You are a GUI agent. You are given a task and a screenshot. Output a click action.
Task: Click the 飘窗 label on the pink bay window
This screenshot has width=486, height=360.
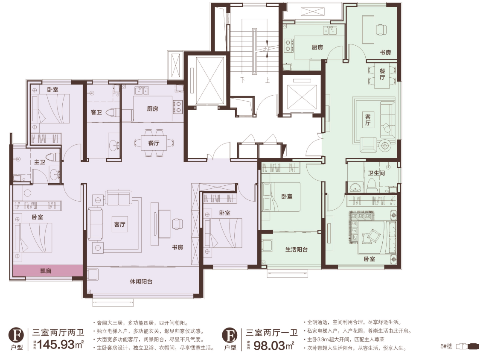coord(46,271)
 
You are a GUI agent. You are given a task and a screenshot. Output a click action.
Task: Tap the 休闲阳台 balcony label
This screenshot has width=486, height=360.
coord(141,281)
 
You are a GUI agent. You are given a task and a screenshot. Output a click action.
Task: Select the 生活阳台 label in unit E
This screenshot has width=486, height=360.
coord(296,249)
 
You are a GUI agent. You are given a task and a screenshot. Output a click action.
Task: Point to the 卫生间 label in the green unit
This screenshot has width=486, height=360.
coord(376,173)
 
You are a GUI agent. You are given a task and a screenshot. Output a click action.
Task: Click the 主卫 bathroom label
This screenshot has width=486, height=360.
coord(40,162)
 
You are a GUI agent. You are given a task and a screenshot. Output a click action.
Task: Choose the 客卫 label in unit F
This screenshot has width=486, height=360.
coord(96,112)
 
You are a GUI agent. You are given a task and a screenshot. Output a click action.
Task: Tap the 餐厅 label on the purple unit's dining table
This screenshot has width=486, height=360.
coord(154,143)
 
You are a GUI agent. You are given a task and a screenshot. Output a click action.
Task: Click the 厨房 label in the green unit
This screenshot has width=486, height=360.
coord(317,47)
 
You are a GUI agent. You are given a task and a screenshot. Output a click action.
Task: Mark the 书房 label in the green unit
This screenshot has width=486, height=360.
coord(385,53)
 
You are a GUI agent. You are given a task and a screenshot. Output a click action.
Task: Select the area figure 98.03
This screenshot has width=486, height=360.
coord(269,345)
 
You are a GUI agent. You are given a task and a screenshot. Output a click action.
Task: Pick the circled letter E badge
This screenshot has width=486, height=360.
coord(230,335)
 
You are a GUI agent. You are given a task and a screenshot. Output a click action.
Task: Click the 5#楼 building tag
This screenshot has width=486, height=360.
coord(446,346)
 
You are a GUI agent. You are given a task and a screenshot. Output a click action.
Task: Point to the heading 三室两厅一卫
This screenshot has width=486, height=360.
coord(272,333)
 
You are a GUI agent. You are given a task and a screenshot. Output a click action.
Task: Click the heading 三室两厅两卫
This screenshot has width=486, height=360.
coord(58,333)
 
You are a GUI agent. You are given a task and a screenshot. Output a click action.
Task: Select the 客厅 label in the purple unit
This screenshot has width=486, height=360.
coord(119,224)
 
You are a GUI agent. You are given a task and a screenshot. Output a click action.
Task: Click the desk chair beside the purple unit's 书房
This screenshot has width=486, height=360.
coord(177,224)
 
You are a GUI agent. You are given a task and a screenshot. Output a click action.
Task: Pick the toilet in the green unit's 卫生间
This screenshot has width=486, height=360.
coord(371,185)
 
